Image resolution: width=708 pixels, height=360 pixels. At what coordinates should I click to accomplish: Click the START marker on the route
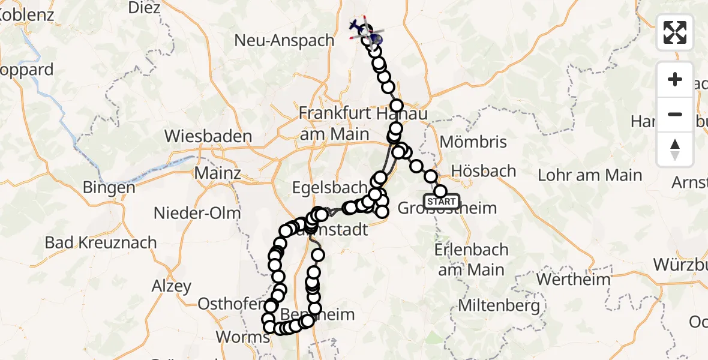(x=442, y=202)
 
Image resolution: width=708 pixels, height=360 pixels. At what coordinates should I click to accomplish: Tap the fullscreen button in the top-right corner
(x=675, y=32)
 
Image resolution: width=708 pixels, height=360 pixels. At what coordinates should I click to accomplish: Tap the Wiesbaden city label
(x=209, y=136)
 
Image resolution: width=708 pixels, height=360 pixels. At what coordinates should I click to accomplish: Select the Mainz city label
(x=217, y=173)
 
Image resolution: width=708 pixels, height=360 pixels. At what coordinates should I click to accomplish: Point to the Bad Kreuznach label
(x=101, y=243)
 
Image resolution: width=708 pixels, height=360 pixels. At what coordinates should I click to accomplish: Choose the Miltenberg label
(x=499, y=306)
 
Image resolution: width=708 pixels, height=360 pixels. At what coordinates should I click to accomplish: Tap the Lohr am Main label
(x=590, y=175)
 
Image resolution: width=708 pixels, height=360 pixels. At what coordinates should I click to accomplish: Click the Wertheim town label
(x=572, y=279)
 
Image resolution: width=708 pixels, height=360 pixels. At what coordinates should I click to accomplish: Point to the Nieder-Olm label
(x=197, y=212)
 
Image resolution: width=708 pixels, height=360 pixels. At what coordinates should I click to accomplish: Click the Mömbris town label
(x=473, y=142)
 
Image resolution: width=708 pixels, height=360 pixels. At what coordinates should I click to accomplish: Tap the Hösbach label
(x=483, y=171)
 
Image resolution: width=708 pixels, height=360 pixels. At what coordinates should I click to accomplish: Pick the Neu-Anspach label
(x=284, y=41)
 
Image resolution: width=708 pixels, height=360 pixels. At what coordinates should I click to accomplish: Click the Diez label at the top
(x=144, y=8)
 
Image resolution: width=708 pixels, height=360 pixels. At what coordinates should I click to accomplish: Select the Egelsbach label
(x=321, y=188)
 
